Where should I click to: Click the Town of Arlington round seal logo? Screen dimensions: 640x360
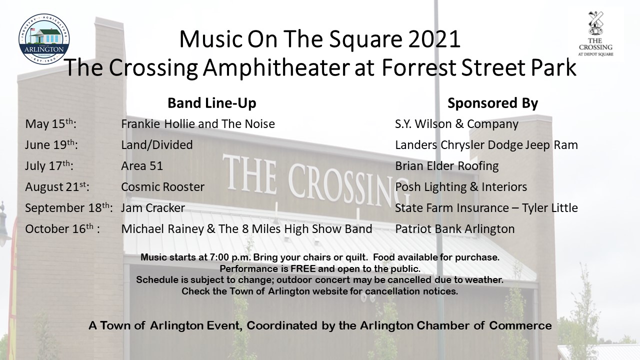click(x=44, y=38)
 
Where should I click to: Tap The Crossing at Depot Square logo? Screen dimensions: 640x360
click(x=595, y=33)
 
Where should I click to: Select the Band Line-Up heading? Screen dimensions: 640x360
click(x=211, y=103)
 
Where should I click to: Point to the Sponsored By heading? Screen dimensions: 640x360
click(x=492, y=103)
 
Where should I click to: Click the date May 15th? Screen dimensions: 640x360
click(x=50, y=123)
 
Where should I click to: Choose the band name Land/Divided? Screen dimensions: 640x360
click(x=157, y=144)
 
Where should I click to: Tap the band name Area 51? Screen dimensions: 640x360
click(x=142, y=165)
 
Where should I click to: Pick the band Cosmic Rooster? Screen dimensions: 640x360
click(x=163, y=187)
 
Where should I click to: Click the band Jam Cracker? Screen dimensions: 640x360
click(x=153, y=207)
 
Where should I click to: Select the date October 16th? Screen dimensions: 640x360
click(x=62, y=228)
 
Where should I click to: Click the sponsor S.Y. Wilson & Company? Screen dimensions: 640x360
click(x=456, y=123)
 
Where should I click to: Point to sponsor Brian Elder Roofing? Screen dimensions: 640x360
click(x=447, y=165)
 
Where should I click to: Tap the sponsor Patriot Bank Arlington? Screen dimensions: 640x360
click(x=455, y=228)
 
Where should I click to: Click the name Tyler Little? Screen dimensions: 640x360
click(x=549, y=207)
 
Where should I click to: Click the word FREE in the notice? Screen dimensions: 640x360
click(x=303, y=268)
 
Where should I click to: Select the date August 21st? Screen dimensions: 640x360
click(x=57, y=187)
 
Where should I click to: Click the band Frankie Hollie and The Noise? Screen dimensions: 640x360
click(x=198, y=123)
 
